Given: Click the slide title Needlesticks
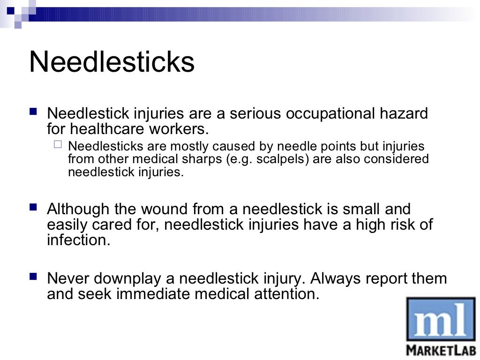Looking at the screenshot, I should [x=112, y=62].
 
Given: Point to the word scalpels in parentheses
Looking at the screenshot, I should [x=284, y=159].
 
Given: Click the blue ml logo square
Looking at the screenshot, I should [x=441, y=320].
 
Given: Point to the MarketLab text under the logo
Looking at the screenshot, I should [x=441, y=350].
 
